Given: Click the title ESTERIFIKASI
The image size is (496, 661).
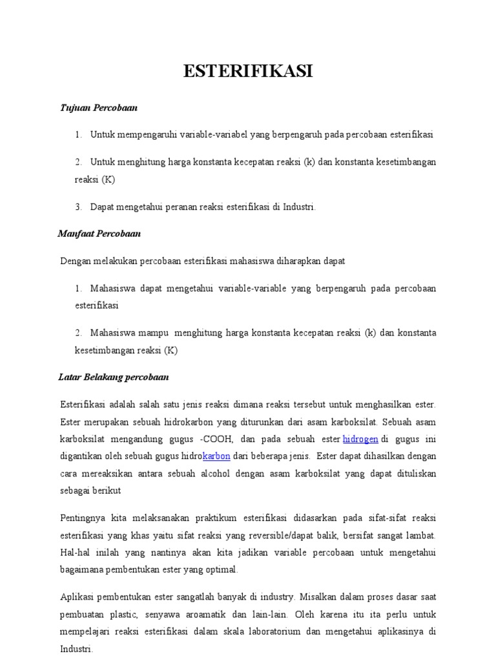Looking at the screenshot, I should pos(248,72).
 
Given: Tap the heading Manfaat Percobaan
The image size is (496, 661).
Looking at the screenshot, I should pos(99,233).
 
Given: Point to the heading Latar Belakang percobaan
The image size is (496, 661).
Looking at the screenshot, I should pos(113,376).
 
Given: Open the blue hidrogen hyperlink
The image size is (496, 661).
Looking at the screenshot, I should pos(360,439).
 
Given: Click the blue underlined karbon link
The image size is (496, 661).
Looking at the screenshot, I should pos(216,456).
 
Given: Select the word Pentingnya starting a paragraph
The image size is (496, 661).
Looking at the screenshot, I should pos(81,518).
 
